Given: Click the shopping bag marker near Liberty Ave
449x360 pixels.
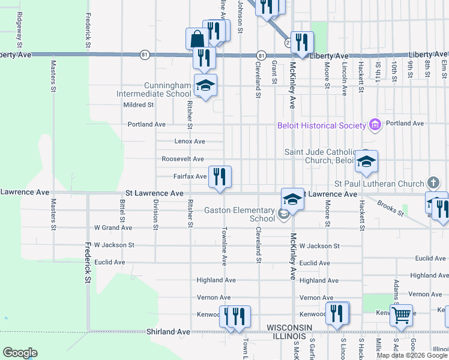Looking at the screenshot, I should click(196, 40).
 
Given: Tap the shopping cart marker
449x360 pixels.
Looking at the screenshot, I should click(400, 314).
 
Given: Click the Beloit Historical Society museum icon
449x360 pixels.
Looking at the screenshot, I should click(375, 125).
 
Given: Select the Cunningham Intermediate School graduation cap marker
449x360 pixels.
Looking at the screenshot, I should click(205, 86).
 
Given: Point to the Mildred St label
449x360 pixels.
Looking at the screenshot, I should click(139, 105).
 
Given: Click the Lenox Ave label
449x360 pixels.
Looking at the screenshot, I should click(190, 142).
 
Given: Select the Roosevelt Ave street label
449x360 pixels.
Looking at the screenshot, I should click(182, 159).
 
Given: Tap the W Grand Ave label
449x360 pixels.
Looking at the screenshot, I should click(113, 228).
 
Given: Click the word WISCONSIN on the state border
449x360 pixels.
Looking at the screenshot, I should click(289, 326).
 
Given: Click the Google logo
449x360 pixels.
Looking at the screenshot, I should click(20, 353).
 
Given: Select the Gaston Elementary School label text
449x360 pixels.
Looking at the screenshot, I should click(240, 214).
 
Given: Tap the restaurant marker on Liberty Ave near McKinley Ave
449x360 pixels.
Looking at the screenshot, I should click(303, 43).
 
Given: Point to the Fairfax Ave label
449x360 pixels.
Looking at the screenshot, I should click(190, 176).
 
